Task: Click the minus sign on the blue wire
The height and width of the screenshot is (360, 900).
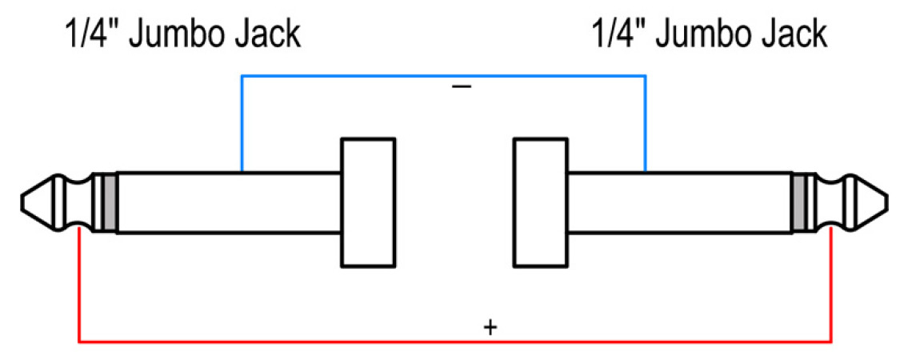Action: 462,85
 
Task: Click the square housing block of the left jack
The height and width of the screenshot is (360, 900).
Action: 368,202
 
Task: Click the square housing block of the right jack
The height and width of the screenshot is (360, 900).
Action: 540,202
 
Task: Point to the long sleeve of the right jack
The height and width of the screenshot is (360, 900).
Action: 680,202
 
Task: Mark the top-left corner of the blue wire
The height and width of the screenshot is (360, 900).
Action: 242,76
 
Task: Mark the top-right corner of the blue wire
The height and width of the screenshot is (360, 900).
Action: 646,76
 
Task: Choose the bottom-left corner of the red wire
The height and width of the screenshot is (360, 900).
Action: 79,342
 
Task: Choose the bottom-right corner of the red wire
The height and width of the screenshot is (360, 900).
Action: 832,342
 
